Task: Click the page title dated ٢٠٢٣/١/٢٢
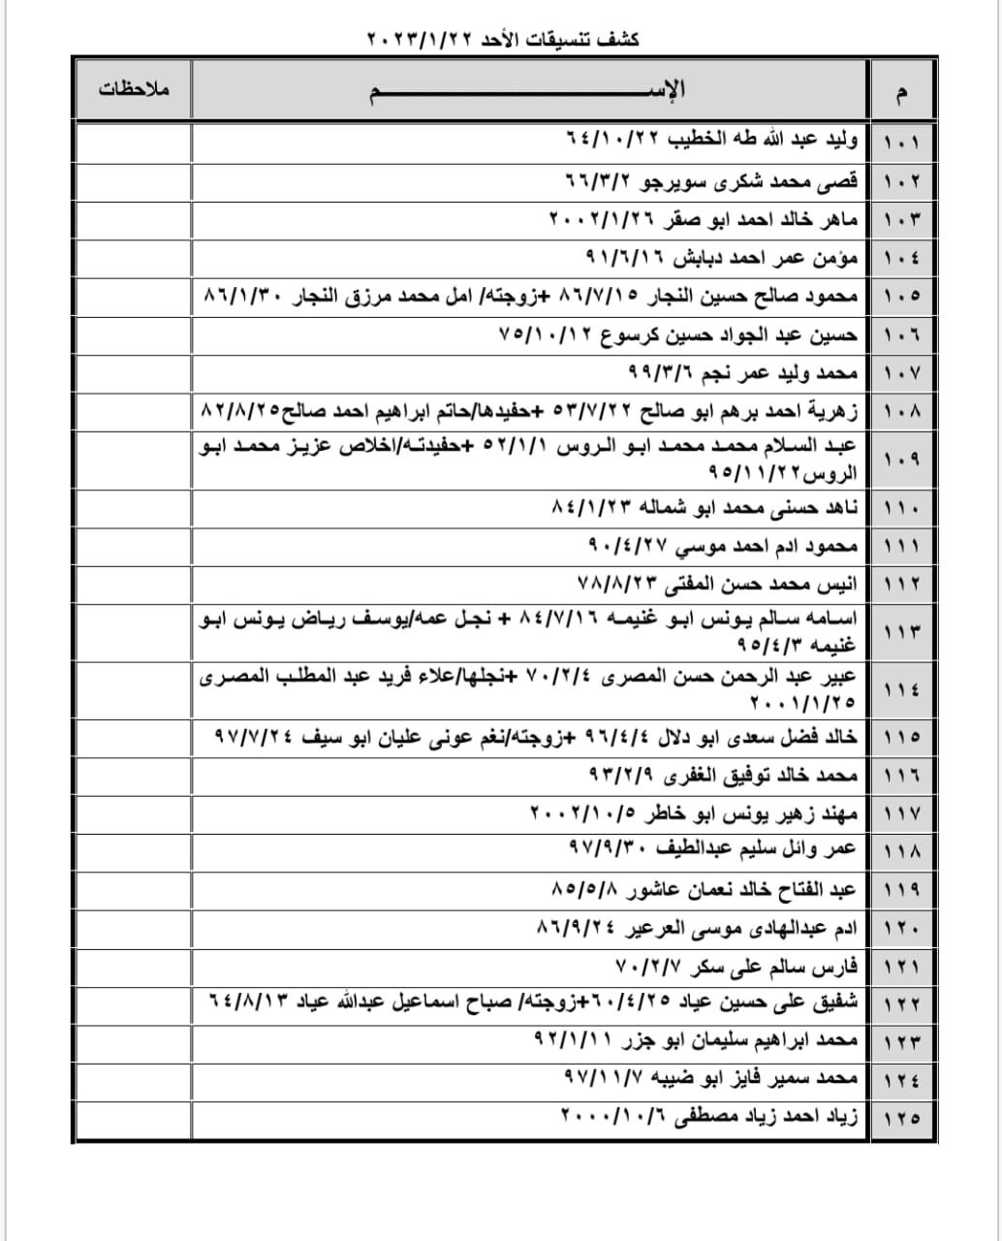pyautogui.click(x=503, y=40)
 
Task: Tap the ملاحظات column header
pyautogui.click(x=134, y=89)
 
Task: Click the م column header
pyautogui.click(x=903, y=92)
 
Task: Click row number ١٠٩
pyautogui.click(x=902, y=459)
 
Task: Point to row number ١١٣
pyautogui.click(x=902, y=631)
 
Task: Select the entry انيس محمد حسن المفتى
pyautogui.click(x=718, y=584)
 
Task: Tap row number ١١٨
pyautogui.click(x=902, y=850)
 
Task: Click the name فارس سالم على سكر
pyautogui.click(x=737, y=967)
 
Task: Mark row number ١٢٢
pyautogui.click(x=902, y=1003)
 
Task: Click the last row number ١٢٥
pyautogui.click(x=902, y=1118)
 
